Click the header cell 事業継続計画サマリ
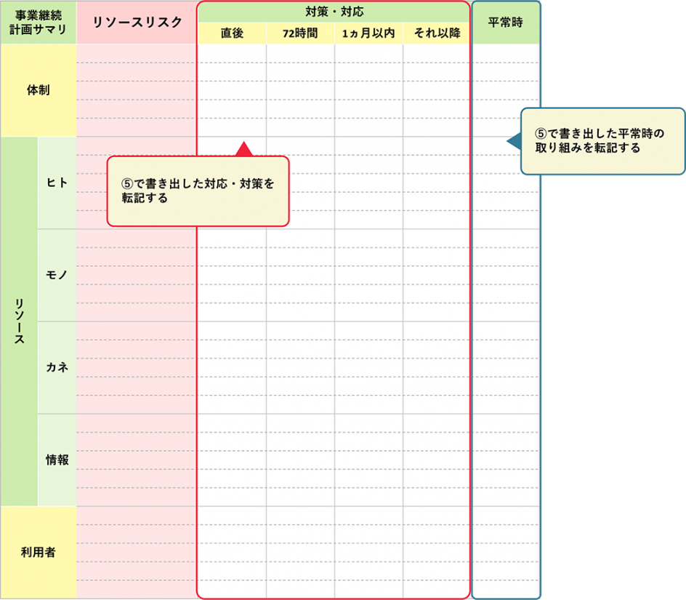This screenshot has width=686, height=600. point(39,23)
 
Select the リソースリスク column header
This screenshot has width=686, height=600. point(137,23)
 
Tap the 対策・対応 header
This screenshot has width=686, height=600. point(334,12)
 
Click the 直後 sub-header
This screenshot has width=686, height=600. point(232,33)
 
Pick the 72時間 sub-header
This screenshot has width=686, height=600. point(300,33)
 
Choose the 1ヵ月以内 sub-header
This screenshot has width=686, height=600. point(368,33)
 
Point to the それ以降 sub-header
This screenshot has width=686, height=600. point(437,33)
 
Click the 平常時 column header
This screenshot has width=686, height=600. point(506,23)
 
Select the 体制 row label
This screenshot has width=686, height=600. point(39,90)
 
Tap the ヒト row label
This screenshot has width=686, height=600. point(57,183)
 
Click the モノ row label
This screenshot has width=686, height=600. point(57,275)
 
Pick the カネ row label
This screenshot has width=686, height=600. point(57,367)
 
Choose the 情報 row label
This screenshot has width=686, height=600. point(57,460)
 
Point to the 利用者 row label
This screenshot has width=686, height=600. point(39,552)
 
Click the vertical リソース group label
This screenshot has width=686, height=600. point(19,321)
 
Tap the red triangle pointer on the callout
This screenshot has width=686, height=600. point(244,149)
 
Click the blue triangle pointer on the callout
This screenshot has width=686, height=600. point(514,141)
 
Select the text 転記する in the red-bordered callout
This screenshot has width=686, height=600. point(145,198)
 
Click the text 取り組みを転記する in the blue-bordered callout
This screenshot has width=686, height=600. point(588,148)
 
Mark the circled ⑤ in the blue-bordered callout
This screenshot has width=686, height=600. point(541,134)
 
